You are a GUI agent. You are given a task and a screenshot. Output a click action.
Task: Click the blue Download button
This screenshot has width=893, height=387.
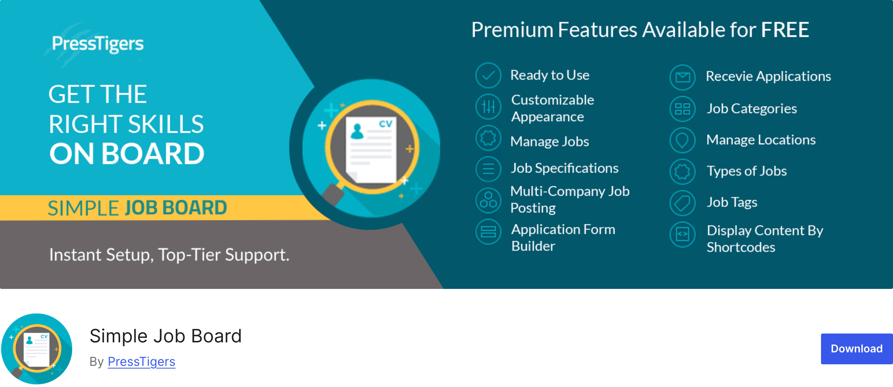pyautogui.click(x=856, y=349)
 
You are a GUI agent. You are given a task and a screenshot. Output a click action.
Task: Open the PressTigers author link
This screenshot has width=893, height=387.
pyautogui.click(x=141, y=362)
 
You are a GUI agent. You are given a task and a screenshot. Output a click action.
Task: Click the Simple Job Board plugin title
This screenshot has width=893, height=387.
pyautogui.click(x=166, y=336)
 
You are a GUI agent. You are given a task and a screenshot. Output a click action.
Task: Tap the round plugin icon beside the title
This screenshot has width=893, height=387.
pyautogui.click(x=37, y=349)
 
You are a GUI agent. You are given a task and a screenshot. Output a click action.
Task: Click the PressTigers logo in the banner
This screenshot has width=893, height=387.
pyautogui.click(x=97, y=44)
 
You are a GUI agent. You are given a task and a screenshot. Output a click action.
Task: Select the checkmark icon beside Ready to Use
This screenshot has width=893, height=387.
pyautogui.click(x=488, y=75)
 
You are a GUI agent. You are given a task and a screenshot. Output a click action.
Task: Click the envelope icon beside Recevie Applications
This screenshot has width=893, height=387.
pyautogui.click(x=682, y=77)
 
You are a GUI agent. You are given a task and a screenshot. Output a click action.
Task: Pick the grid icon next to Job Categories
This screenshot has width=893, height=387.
pyautogui.click(x=682, y=109)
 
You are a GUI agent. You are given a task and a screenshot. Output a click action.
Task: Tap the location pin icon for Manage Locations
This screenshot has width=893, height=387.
pyautogui.click(x=682, y=140)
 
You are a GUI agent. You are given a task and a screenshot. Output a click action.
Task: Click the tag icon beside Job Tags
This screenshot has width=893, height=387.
pyautogui.click(x=682, y=203)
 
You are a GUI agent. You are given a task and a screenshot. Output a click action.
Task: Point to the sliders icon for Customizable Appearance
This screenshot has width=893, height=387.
pyautogui.click(x=488, y=107)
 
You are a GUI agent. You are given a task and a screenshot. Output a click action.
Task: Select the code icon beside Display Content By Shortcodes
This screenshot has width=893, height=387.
pyautogui.click(x=682, y=234)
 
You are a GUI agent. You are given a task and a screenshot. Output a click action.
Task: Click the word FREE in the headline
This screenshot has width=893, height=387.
pyautogui.click(x=785, y=30)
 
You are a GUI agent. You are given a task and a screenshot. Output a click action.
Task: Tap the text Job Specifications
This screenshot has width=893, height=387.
pyautogui.click(x=564, y=168)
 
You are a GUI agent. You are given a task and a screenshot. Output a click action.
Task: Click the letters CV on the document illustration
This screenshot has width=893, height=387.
pyautogui.click(x=385, y=124)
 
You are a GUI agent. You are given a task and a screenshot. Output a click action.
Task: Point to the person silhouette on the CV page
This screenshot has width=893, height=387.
pyautogui.click(x=357, y=132)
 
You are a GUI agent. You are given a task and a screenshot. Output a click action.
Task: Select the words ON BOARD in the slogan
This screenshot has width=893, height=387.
pyautogui.click(x=127, y=154)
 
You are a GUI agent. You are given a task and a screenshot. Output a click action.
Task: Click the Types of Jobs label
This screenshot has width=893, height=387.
pyautogui.click(x=746, y=171)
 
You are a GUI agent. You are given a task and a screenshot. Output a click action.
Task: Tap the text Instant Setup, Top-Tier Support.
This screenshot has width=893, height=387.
pyautogui.click(x=169, y=255)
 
